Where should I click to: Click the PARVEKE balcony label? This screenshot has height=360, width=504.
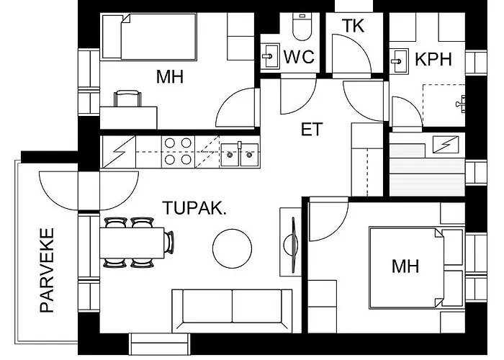coord(47,270)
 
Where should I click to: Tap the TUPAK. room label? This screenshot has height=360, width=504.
coord(194,208)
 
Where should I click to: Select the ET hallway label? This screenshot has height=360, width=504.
coord(312,129)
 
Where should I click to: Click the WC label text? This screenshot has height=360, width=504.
coord(299,57)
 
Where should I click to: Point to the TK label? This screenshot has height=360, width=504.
coord(353,26)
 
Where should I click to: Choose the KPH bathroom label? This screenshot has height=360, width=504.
coord(433,59)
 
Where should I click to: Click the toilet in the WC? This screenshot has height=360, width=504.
coord(302,27)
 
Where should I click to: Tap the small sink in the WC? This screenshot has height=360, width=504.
coord(270,56)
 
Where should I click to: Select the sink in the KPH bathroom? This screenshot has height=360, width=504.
coord(399,61)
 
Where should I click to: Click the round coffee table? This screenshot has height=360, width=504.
coord(232,248)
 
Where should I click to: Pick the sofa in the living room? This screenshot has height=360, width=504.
coord(232,310)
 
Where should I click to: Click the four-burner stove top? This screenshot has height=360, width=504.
coord(178,151)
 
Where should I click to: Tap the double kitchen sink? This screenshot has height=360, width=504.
coord(240,155)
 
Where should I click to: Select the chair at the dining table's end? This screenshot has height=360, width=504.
coord(169,243)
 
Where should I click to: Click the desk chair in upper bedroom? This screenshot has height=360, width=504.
coord(127,99)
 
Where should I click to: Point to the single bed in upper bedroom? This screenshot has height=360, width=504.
coord(149,37)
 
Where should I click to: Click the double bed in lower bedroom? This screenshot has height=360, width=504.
coord(407,267)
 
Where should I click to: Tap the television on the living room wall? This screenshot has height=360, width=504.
coord(293,246)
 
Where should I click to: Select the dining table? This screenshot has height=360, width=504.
coord(132,243)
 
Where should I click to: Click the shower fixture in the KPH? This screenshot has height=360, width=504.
coord(461,104)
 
